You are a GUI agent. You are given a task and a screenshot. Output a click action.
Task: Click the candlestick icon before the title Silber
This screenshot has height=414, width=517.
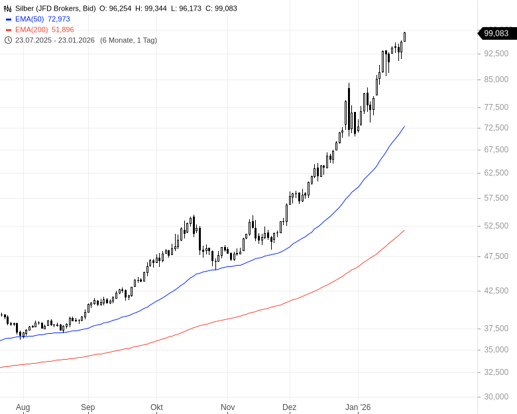tap(8, 9)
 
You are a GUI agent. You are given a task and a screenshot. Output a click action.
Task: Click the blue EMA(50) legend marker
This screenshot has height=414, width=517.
tap(8, 19)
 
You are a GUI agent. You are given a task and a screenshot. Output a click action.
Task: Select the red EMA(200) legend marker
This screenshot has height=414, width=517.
tap(8, 30)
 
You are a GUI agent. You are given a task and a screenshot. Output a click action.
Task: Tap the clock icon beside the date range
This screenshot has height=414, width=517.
tap(8, 40)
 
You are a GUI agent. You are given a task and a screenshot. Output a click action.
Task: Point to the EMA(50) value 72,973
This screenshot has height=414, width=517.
tap(58, 19)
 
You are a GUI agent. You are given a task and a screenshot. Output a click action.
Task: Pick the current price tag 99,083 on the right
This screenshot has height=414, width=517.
tap(496, 33)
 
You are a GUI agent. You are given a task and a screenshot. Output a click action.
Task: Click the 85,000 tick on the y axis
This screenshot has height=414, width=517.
tap(496, 79)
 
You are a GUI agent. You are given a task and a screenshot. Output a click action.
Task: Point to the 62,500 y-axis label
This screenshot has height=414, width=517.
tap(496, 173)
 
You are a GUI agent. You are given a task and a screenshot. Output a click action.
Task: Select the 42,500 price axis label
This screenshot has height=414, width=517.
tap(496, 291)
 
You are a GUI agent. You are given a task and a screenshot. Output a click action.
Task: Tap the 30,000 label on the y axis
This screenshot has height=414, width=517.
tap(496, 397)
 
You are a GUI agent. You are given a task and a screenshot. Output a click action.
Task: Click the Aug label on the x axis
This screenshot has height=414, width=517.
tap(23, 407)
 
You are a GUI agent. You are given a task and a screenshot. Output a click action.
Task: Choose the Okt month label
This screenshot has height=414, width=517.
tap(156, 407)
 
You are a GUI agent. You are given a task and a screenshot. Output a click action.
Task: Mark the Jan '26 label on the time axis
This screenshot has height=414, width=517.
tap(358, 407)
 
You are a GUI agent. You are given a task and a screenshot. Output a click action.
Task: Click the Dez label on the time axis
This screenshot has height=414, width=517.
tap(289, 407)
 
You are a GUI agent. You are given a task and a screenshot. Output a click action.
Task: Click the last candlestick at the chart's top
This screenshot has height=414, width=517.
tap(404, 36)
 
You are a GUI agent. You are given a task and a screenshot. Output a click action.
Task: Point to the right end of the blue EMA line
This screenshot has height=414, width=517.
tap(404, 127)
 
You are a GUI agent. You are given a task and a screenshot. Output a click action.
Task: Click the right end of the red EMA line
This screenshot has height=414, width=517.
tap(404, 231)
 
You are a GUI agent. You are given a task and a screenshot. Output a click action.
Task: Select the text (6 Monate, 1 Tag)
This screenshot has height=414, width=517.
tap(129, 40)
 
